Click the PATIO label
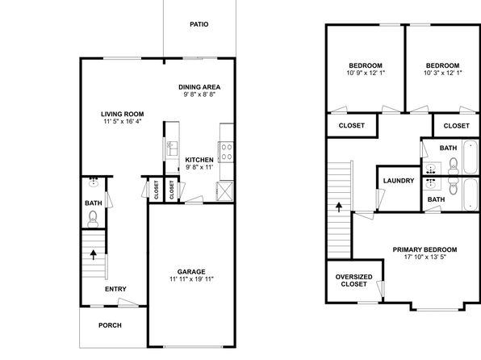[x=199, y=24]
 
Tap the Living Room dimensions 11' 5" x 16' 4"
[x=123, y=121]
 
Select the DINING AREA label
[x=199, y=87]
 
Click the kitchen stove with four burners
[x=227, y=153]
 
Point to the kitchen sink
[x=172, y=149]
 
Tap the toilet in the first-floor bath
[x=93, y=219]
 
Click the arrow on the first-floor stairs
[x=94, y=255]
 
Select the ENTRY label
[x=115, y=289]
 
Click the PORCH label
[x=110, y=325]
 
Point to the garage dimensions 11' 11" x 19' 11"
[x=191, y=279]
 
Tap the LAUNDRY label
[x=399, y=181]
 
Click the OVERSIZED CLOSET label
[x=353, y=281]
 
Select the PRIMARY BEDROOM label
[x=425, y=249]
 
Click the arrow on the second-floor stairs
[x=339, y=207]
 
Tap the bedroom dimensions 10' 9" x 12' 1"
[x=366, y=73]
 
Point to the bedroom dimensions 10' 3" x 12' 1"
[x=442, y=73]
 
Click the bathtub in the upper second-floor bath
[x=471, y=157]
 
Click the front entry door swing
[x=128, y=302]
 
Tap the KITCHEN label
[x=199, y=160]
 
